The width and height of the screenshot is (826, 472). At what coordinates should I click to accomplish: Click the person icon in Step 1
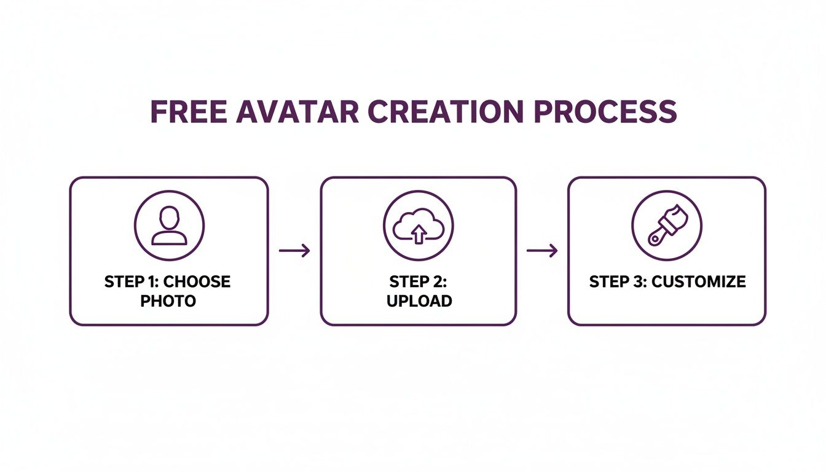(169, 225)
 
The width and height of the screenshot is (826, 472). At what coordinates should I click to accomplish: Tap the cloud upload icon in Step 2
(418, 225)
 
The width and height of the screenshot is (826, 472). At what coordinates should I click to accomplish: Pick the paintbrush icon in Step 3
(667, 225)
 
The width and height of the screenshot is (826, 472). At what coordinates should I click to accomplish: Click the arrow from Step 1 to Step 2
(294, 250)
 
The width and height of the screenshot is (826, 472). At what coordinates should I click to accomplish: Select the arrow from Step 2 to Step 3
(542, 250)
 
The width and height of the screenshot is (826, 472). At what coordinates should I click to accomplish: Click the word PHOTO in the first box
(168, 301)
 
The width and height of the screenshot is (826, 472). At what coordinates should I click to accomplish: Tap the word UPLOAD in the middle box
(419, 301)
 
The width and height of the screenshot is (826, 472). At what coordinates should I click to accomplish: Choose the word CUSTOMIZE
(699, 282)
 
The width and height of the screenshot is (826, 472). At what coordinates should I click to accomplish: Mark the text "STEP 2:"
(419, 282)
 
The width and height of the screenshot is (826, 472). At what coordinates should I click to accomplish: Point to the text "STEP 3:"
(617, 282)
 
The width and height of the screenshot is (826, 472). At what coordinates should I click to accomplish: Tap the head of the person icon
(169, 216)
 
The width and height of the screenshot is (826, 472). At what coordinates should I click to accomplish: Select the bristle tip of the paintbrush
(678, 214)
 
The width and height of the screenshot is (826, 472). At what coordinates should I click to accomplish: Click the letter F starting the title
(158, 112)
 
